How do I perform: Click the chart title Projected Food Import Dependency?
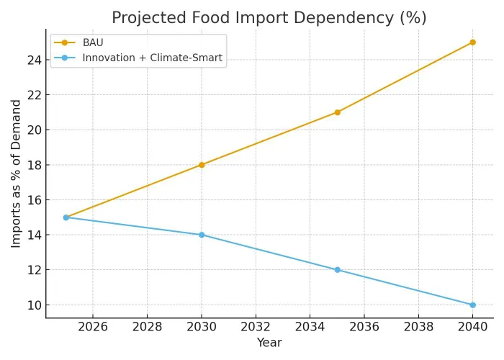pyautogui.click(x=269, y=18)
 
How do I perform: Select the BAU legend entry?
pyautogui.click(x=93, y=42)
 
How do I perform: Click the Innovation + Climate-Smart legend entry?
pyautogui.click(x=152, y=58)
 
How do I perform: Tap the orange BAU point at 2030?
pyautogui.click(x=202, y=165)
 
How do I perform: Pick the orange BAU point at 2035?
pyautogui.click(x=337, y=112)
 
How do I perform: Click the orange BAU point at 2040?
pyautogui.click(x=472, y=42)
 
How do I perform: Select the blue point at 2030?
pyautogui.click(x=202, y=235)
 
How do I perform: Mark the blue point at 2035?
pyautogui.click(x=337, y=270)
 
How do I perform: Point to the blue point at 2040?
pyautogui.click(x=472, y=305)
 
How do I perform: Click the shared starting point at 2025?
pyautogui.click(x=66, y=217)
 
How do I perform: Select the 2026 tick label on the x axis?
pyautogui.click(x=93, y=328)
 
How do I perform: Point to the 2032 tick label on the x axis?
pyautogui.click(x=256, y=328)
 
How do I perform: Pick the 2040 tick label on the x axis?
pyautogui.click(x=472, y=328)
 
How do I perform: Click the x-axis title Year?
pyautogui.click(x=269, y=343)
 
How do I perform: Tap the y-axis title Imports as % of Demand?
pyautogui.click(x=17, y=174)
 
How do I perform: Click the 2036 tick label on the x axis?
pyautogui.click(x=364, y=328)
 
